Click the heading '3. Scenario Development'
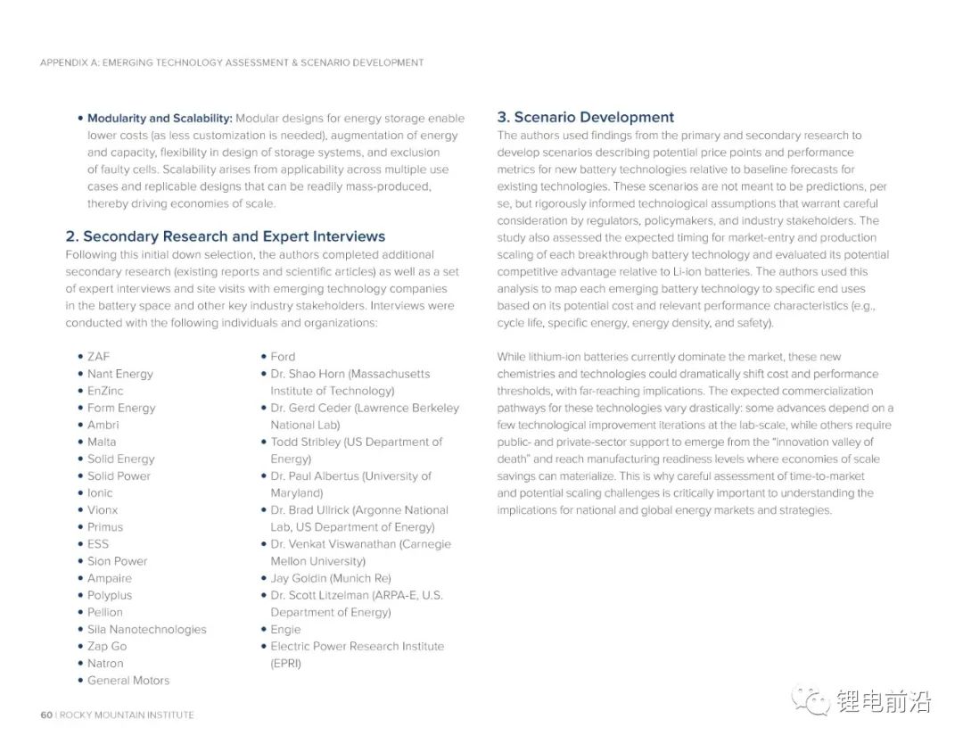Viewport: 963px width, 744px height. click(x=585, y=117)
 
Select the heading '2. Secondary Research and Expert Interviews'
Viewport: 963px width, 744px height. click(x=226, y=236)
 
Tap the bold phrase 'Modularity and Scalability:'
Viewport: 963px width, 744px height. click(x=160, y=118)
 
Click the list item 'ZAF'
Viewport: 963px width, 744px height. click(x=98, y=357)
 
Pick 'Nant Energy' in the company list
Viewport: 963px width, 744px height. click(x=119, y=374)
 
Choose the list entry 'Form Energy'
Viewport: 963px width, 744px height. click(x=120, y=408)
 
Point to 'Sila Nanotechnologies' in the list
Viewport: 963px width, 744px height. click(x=146, y=629)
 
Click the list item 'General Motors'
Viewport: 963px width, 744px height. click(x=128, y=680)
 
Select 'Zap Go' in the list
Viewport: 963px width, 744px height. click(x=107, y=646)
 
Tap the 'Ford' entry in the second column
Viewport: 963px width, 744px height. click(x=283, y=357)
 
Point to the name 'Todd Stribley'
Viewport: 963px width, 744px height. click(x=305, y=442)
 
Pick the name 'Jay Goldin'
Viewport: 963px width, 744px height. click(x=298, y=578)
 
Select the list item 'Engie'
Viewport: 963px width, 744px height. click(x=285, y=629)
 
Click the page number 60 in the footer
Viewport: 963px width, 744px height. click(x=46, y=715)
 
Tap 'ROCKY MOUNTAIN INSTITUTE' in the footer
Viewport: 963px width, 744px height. click(x=127, y=715)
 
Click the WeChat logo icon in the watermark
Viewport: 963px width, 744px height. click(x=811, y=701)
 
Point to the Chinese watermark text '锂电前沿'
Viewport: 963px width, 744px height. click(x=883, y=702)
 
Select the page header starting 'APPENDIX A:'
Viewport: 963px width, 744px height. click(x=232, y=62)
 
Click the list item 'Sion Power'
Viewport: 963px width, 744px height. click(x=117, y=561)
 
